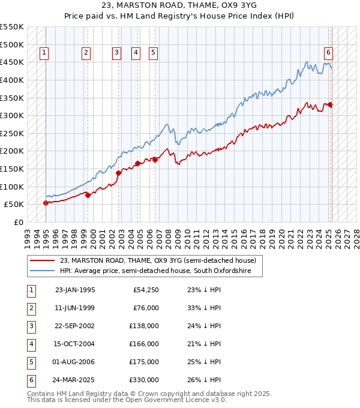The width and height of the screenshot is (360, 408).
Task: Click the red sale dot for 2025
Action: point(331,105)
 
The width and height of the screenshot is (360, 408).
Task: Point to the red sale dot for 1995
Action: point(46,203)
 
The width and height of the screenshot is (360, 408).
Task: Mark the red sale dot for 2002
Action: point(118,173)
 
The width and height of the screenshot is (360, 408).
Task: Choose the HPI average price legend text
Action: point(161,271)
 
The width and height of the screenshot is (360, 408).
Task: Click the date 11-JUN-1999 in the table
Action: point(74,308)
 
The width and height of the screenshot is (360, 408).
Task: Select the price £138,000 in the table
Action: point(145,326)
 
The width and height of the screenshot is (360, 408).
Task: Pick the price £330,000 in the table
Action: point(145,380)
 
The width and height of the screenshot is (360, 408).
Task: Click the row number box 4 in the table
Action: point(31,344)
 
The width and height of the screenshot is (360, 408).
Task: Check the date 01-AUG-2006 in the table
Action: point(74,362)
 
